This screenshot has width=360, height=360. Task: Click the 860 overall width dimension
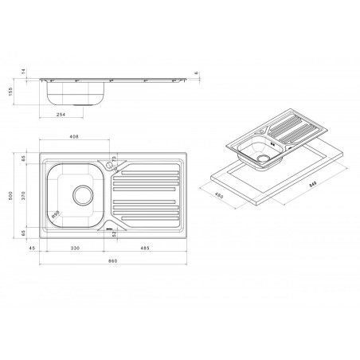coord(112,262)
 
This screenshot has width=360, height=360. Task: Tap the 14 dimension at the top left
coord(23,72)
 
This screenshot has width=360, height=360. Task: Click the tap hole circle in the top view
coord(108,162)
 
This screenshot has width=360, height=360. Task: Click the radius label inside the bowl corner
coord(57,214)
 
